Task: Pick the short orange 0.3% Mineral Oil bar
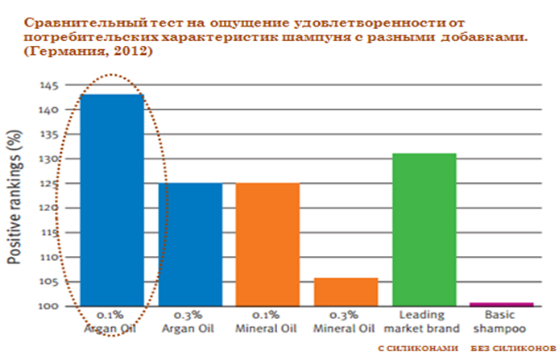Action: coord(345,291)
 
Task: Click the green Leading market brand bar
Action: coord(423,230)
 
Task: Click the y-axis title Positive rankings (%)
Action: coord(14,197)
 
